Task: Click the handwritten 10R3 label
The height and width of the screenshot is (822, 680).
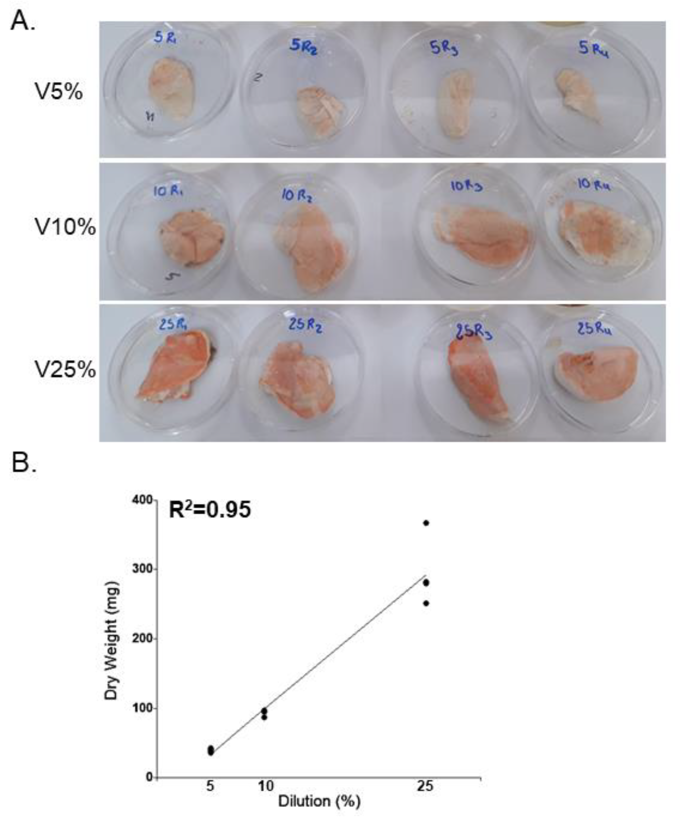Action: (466, 187)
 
